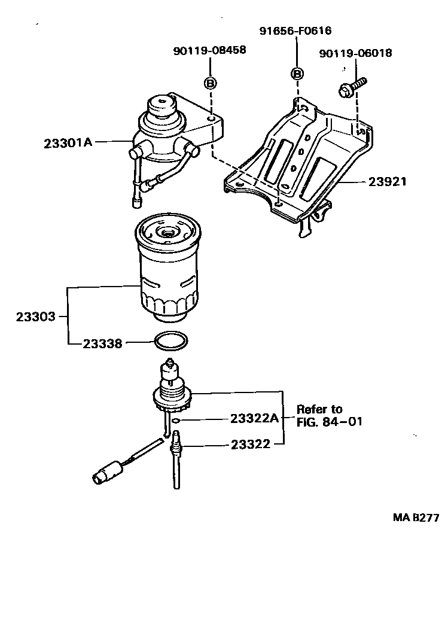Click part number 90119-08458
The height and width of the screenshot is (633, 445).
209,51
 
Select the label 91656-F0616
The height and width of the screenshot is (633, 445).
295,31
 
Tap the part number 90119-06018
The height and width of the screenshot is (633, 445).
355,53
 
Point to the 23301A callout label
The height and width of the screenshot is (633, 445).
68,143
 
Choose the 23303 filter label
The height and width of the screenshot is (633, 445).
35,316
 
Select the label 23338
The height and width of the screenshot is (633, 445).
102,343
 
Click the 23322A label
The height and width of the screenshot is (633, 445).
254,419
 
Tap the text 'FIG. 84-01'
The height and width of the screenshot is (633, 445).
329,422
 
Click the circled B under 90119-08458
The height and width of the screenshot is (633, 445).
210,83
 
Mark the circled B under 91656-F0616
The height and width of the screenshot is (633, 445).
297,74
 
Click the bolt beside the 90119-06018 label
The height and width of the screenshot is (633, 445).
352,87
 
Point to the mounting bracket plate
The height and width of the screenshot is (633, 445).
299,159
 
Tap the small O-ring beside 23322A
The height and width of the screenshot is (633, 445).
176,421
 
